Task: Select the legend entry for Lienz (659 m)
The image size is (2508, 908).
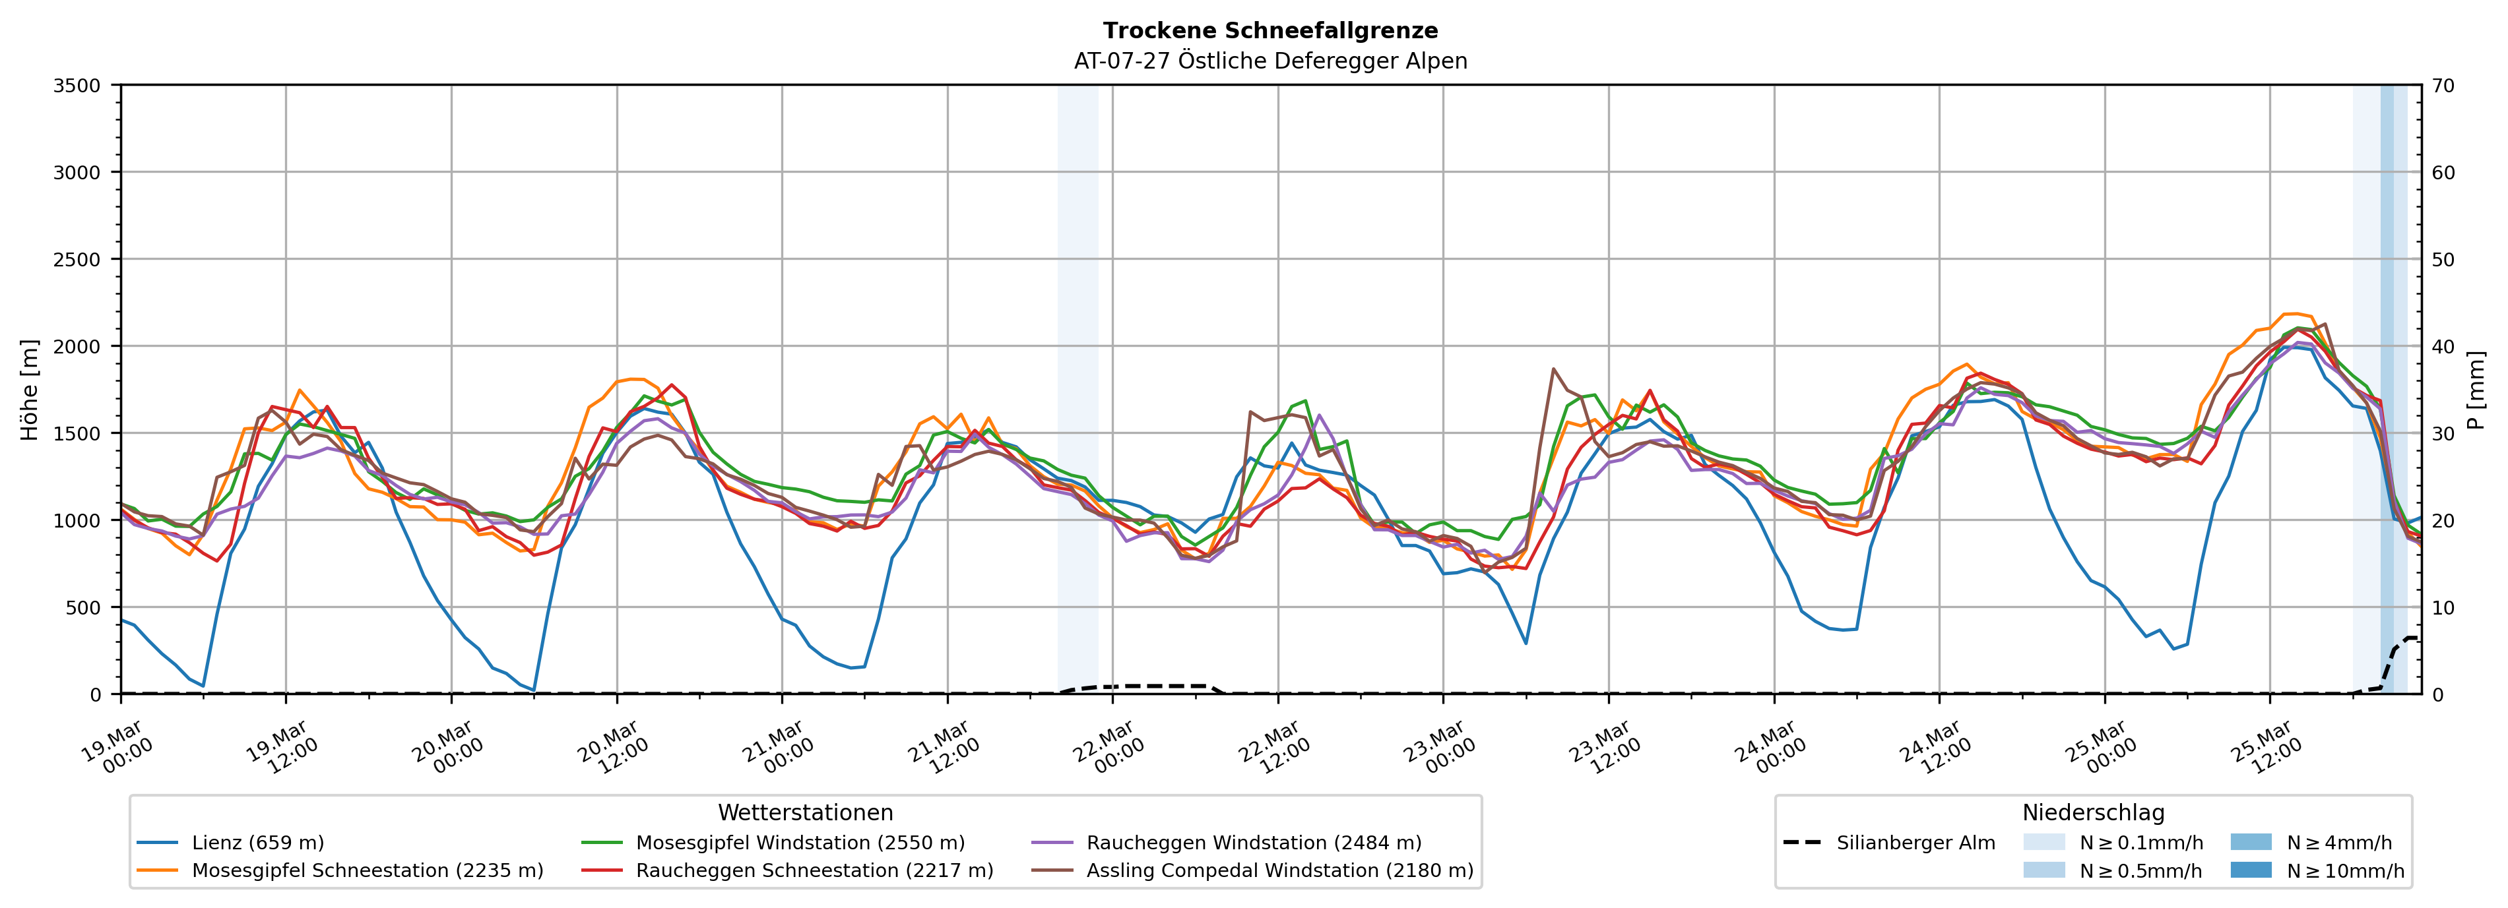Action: click(257, 843)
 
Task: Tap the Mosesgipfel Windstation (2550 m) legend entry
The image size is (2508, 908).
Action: click(799, 843)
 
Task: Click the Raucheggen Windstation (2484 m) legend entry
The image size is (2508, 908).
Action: click(1253, 843)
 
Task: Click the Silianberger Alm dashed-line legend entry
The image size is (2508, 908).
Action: click(1915, 843)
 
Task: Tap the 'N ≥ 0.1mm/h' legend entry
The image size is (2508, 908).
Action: click(2140, 843)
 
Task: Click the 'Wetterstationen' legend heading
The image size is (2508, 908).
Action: click(805, 812)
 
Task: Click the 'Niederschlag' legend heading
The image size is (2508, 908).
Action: click(2093, 812)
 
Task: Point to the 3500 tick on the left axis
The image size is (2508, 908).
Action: click(77, 86)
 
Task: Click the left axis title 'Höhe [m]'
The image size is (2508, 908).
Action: click(30, 389)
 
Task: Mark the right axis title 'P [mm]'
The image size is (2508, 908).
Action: click(2476, 389)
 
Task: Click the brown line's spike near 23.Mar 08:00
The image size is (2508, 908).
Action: click(1553, 369)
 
